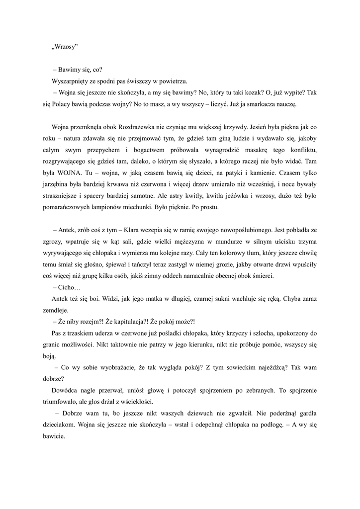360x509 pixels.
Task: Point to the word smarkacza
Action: click(x=265, y=105)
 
